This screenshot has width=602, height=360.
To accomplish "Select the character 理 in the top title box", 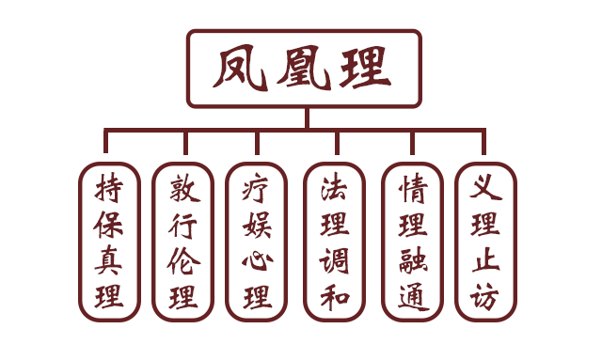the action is click(365, 68).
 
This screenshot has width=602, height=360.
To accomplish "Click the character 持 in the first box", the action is click(108, 188).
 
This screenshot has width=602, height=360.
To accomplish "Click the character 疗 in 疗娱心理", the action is click(257, 188).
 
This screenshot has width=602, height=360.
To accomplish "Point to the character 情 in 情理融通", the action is click(412, 188).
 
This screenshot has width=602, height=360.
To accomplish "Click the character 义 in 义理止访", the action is click(485, 188).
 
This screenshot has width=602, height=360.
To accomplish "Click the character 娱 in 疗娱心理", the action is click(257, 225).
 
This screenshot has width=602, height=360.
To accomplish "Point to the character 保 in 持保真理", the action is click(108, 225).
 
